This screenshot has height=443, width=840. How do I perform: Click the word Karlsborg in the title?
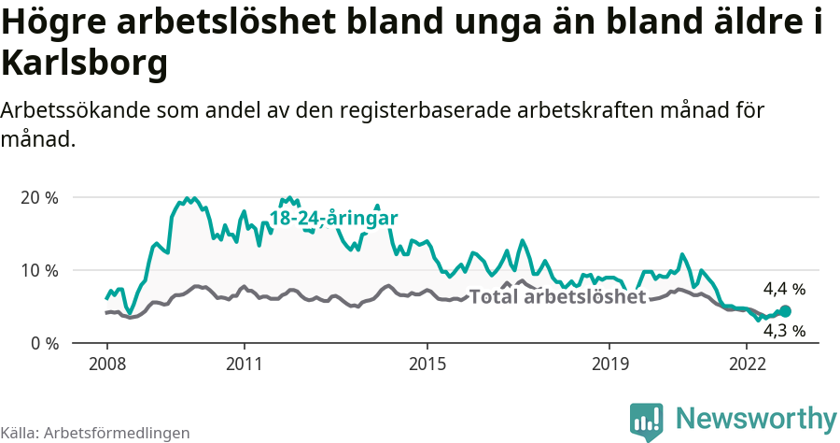click(85, 64)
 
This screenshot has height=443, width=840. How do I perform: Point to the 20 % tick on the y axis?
click(38, 198)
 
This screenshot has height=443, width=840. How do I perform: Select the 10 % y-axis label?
click(38, 271)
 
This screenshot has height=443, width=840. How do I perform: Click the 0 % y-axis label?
click(43, 343)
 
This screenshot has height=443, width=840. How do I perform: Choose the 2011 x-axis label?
click(244, 363)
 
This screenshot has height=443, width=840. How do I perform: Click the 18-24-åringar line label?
click(334, 218)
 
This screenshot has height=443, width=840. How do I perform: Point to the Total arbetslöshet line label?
click(557, 297)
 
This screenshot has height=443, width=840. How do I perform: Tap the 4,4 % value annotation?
click(783, 289)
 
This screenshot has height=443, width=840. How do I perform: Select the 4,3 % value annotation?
click(783, 330)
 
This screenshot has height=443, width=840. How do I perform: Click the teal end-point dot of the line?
click(785, 311)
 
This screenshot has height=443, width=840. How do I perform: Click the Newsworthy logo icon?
click(647, 421)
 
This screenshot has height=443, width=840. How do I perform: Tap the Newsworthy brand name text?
click(755, 418)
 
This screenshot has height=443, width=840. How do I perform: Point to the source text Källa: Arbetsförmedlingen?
click(95, 433)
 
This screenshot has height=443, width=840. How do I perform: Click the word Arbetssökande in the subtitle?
click(74, 110)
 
